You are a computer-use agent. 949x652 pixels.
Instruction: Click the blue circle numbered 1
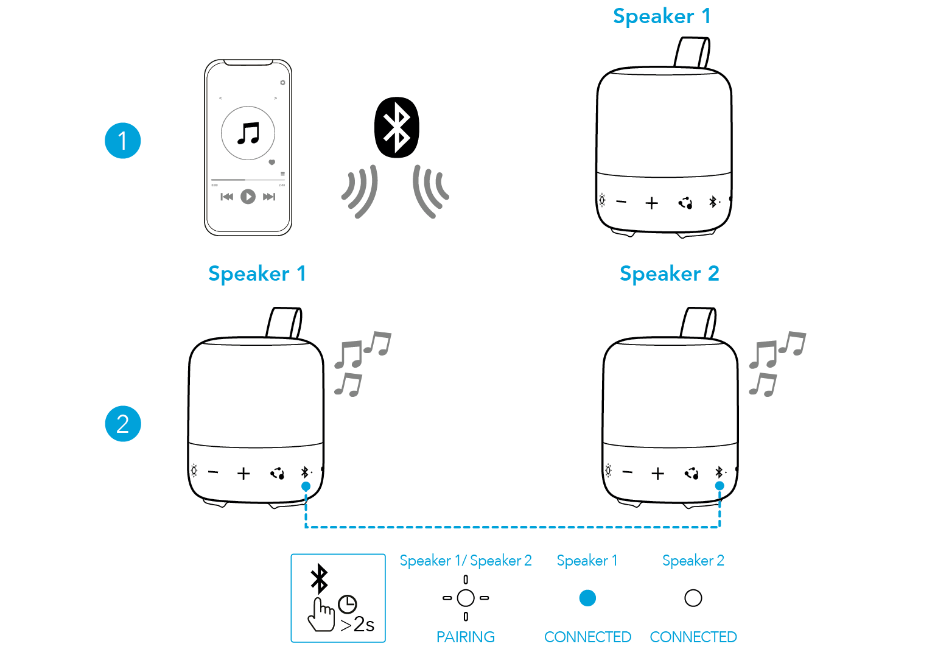123,141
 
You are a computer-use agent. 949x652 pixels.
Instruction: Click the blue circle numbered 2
123,424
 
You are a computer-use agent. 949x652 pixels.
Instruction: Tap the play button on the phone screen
248,197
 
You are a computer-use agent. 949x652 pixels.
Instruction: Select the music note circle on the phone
248,133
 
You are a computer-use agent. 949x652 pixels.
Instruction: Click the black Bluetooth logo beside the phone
397,127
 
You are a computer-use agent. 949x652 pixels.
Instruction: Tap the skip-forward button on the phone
269,197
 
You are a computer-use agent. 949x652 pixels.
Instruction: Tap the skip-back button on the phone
226,197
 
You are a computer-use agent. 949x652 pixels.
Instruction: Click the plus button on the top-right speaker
652,203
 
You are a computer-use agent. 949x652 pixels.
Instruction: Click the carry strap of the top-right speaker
692,52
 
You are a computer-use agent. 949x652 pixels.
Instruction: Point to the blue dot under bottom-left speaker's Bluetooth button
306,486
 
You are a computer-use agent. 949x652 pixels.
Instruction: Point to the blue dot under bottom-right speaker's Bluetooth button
720,486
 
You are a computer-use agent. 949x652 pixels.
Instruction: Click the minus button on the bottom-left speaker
213,472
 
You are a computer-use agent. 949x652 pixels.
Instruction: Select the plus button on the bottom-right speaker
657,474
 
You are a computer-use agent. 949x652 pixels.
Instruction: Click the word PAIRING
465,637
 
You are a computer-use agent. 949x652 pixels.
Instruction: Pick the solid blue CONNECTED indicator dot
587,598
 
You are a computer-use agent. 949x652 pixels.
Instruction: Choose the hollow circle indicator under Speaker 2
693,598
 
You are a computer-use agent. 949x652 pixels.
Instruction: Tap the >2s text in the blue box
357,625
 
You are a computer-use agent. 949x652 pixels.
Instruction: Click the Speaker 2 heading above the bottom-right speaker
669,274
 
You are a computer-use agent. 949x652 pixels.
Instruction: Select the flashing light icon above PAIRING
466,598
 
